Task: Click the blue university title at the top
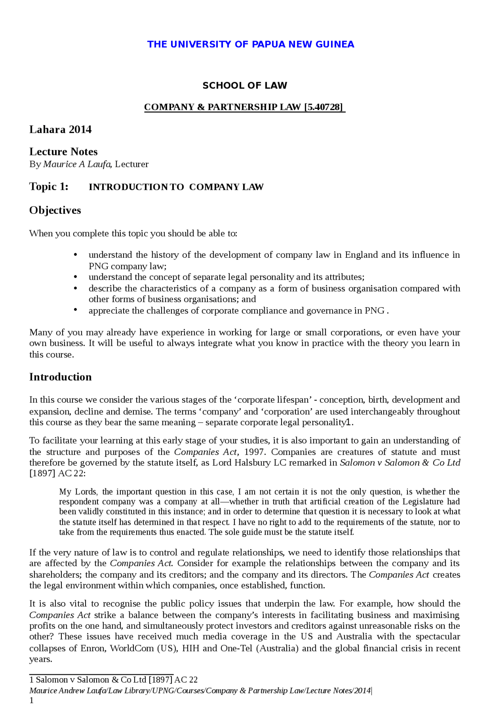point(250,44)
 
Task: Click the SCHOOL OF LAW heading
point(245,86)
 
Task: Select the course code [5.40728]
point(324,107)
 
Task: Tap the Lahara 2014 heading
point(60,130)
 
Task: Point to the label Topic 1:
point(49,187)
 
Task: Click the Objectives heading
point(55,210)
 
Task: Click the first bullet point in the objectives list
point(75,255)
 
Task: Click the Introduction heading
point(60,377)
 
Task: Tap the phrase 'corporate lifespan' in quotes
point(273,400)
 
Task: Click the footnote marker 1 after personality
point(348,422)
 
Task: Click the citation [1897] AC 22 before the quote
point(57,473)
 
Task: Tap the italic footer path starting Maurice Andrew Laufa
point(199,690)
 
